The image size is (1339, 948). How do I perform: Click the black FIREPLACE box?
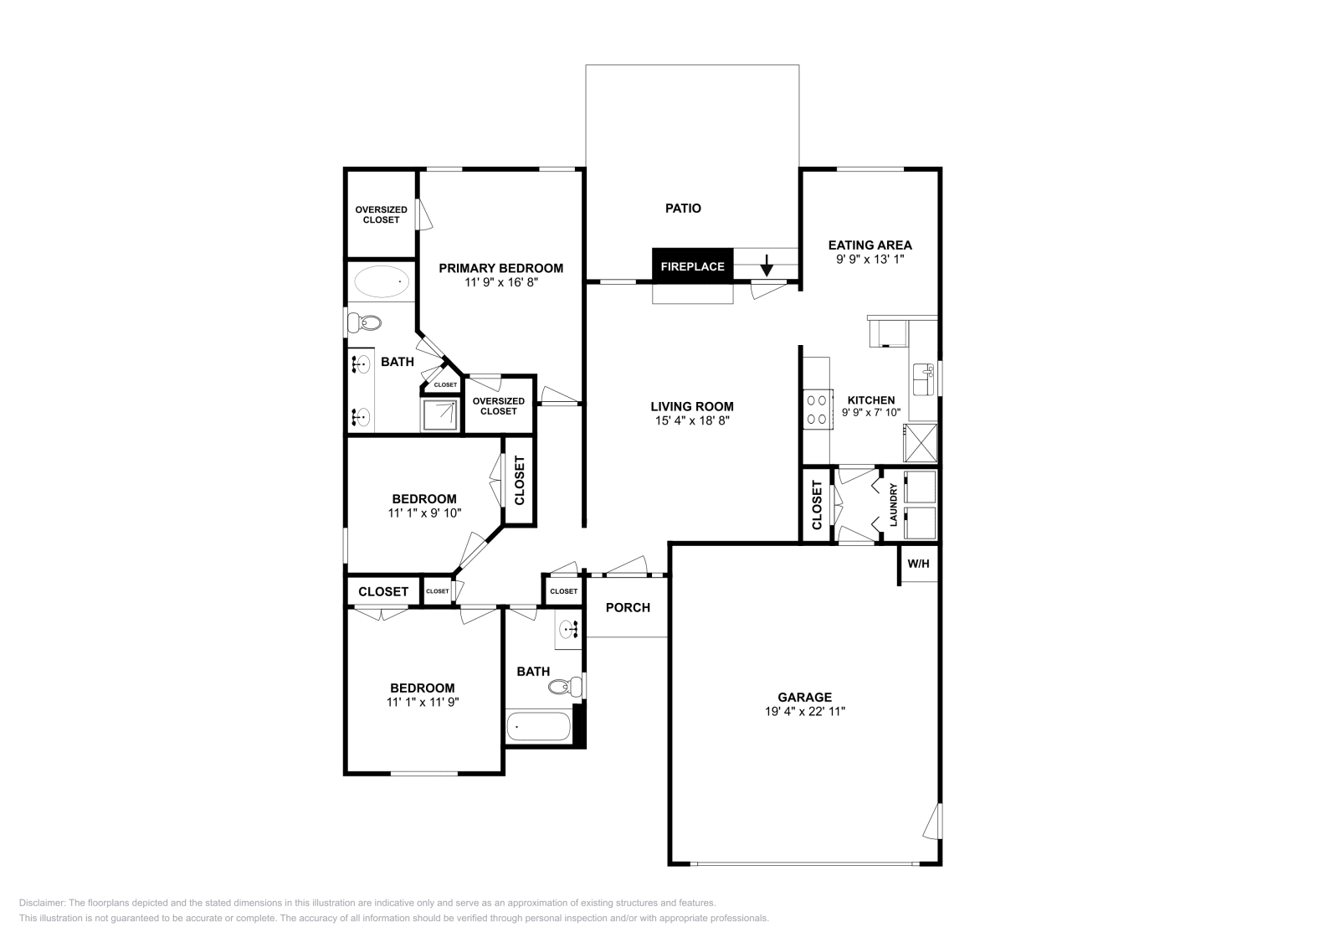(692, 266)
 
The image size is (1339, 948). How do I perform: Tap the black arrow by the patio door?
(767, 267)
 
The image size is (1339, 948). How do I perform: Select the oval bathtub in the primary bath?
(382, 281)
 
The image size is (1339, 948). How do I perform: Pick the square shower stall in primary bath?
(440, 415)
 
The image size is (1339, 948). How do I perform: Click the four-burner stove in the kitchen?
(816, 410)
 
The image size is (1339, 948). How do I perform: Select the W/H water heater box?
(918, 564)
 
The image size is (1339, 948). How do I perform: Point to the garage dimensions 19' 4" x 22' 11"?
(804, 711)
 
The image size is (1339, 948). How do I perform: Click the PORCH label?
(628, 607)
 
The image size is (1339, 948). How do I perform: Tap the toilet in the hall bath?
(565, 688)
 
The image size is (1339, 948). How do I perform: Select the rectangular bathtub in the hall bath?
(538, 726)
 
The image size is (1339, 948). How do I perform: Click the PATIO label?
(683, 208)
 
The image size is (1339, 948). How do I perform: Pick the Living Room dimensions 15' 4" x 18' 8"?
(693, 421)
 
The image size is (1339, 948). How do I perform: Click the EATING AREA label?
(870, 245)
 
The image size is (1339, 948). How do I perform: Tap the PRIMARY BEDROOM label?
(500, 268)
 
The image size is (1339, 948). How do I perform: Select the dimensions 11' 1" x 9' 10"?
(424, 513)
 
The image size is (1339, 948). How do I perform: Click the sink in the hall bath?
(570, 629)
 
